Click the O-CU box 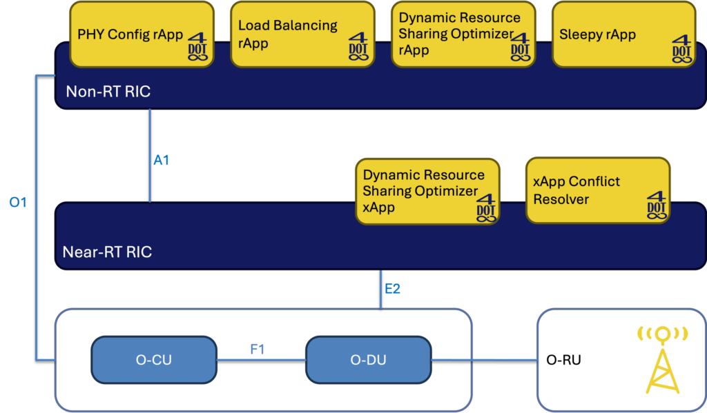[153, 360]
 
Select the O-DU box [367, 360]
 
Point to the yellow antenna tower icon [662, 361]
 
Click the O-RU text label [563, 360]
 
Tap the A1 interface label [161, 161]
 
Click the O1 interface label [18, 203]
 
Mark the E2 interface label [392, 288]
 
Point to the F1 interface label [258, 350]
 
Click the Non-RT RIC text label [108, 92]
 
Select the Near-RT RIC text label [107, 252]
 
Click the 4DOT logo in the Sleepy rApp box [682, 49]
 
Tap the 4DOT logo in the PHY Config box [197, 49]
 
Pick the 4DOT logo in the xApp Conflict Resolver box [657, 205]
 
